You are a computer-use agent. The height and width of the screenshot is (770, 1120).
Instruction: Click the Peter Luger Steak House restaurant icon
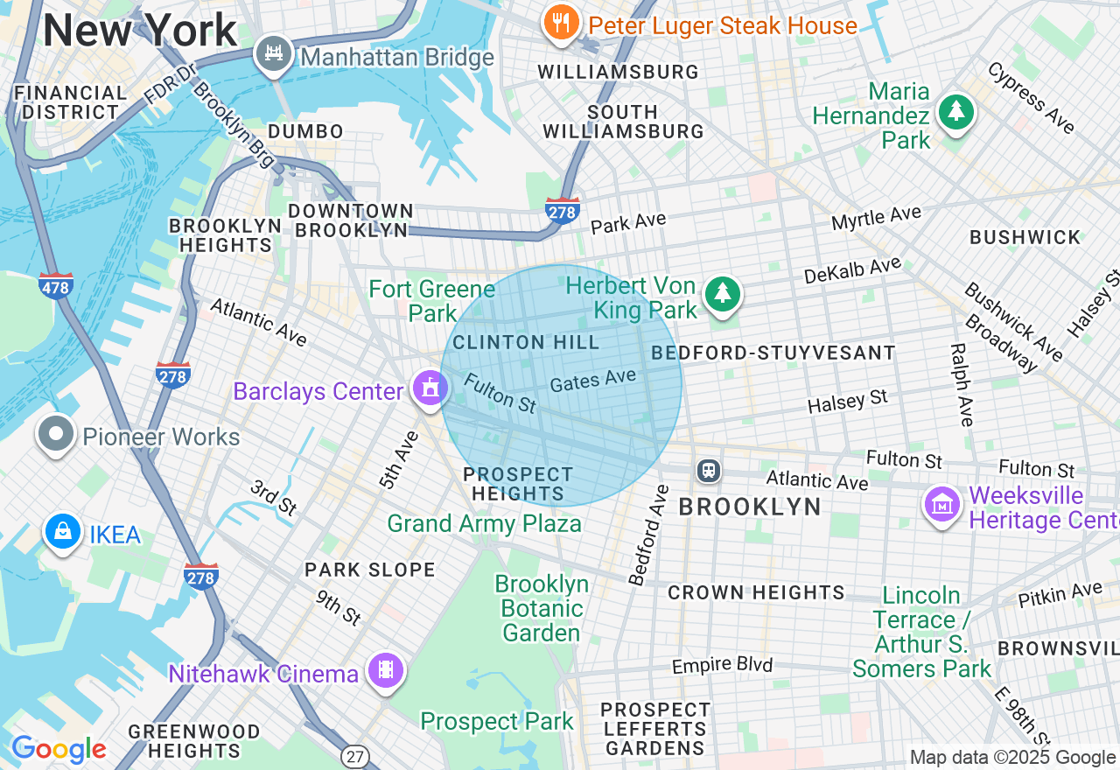[x=561, y=23]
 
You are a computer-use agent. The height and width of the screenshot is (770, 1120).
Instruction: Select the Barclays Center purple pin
[x=430, y=388]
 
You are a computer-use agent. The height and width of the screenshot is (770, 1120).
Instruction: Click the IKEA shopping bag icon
[x=63, y=532]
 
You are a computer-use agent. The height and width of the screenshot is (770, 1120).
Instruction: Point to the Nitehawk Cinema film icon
[x=386, y=671]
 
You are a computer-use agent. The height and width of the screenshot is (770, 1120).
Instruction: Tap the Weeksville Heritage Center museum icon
[x=942, y=505]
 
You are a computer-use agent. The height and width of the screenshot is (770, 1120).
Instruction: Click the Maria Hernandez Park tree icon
[x=955, y=113]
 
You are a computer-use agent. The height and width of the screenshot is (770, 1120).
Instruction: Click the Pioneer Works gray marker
[x=57, y=434]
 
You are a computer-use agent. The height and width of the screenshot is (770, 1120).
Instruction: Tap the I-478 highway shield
[x=56, y=285]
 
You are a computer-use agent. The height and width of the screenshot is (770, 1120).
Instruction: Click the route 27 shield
[x=353, y=756]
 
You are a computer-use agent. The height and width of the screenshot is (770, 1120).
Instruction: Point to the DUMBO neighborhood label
[x=305, y=131]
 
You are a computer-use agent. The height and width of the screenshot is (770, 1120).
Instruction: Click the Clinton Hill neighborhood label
[x=526, y=342]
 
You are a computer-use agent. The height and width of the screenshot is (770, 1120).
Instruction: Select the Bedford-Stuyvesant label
[x=773, y=353]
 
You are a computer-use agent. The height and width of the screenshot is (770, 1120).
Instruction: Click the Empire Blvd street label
[x=722, y=666]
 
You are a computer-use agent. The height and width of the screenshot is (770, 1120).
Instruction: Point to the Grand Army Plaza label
[x=484, y=524]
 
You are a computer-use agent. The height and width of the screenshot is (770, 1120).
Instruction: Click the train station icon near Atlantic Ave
[x=708, y=471]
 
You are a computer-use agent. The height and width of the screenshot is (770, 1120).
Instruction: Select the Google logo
[x=59, y=750]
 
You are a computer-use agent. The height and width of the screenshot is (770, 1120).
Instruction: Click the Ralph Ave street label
[x=960, y=385]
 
